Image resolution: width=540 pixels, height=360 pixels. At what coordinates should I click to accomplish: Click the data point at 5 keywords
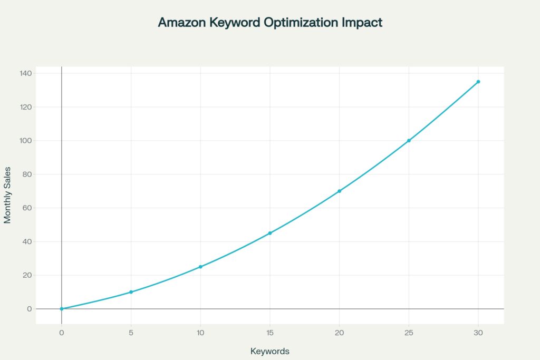(x=131, y=292)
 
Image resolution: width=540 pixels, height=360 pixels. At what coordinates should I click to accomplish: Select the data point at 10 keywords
(x=200, y=267)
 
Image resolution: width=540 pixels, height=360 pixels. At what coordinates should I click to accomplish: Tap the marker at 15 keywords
(x=270, y=233)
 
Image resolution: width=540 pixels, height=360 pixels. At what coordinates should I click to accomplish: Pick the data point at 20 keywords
(x=340, y=191)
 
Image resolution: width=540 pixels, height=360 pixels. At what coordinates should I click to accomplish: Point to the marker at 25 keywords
(x=409, y=141)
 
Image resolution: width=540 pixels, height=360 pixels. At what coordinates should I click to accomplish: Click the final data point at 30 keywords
(x=478, y=82)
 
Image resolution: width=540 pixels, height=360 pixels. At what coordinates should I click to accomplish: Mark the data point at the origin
(x=62, y=309)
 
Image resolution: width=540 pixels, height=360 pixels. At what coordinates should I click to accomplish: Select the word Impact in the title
(x=364, y=23)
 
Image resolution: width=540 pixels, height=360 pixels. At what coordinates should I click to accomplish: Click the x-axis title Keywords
(x=270, y=351)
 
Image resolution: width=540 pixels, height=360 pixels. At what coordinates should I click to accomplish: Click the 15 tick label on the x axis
(x=270, y=333)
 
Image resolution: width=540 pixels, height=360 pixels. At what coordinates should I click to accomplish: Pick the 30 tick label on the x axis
(x=478, y=333)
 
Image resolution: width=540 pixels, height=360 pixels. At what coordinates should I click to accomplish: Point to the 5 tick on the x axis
(x=131, y=333)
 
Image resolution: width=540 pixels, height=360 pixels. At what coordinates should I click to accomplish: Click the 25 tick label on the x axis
(x=409, y=333)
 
